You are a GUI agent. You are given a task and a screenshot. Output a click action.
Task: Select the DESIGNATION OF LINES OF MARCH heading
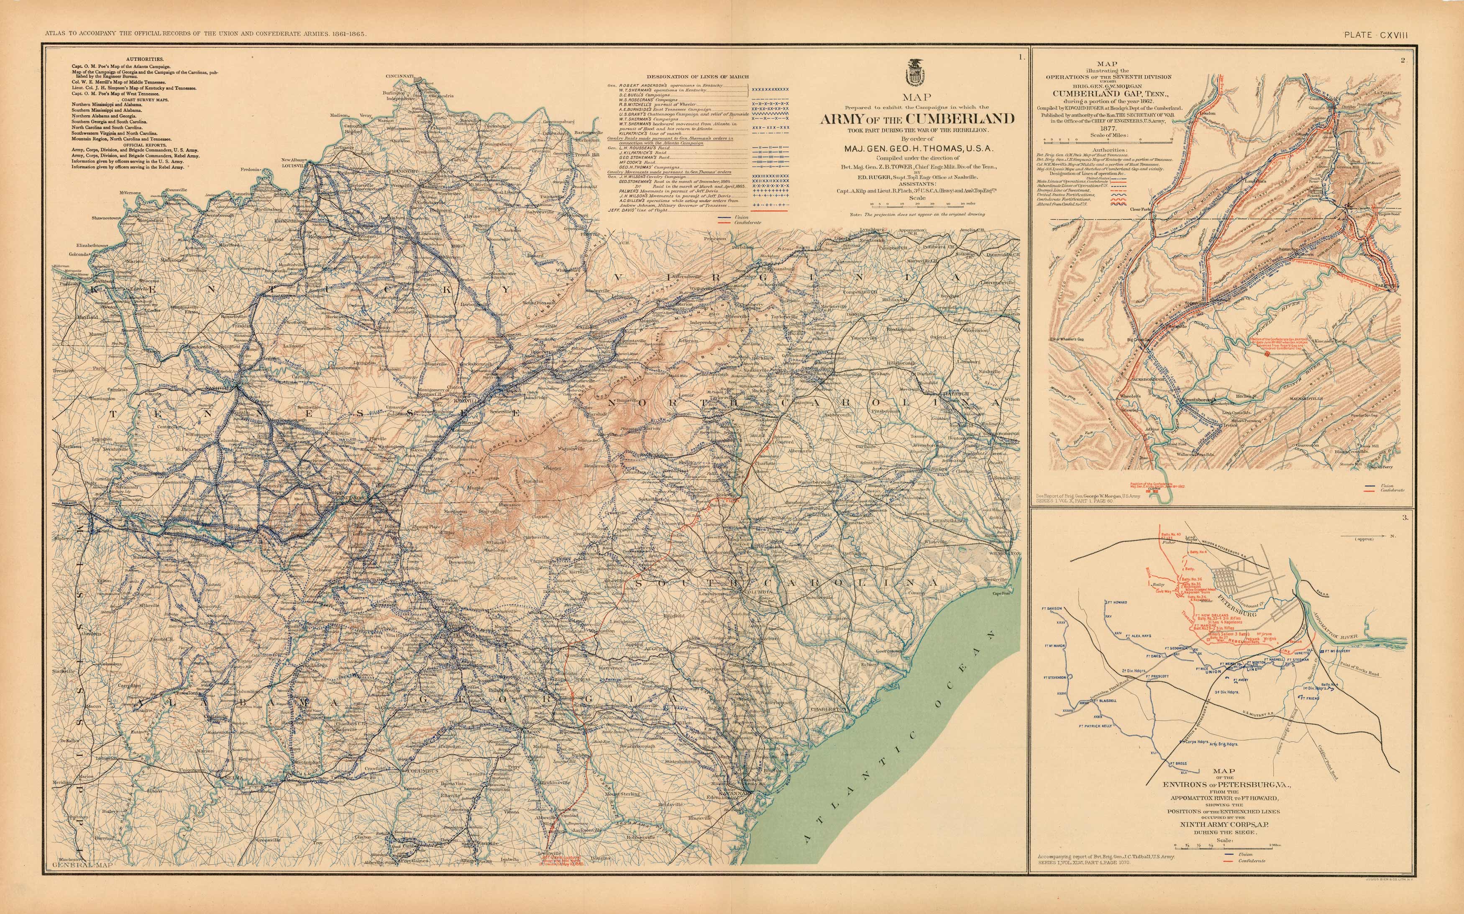pyautogui.click(x=697, y=76)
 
